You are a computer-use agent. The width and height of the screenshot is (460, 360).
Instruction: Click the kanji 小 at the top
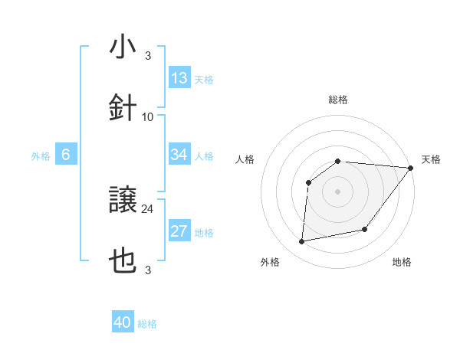tap(123, 47)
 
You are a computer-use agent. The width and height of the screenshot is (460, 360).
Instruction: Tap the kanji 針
tap(123, 107)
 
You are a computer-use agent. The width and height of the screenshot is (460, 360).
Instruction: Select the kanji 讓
tap(123, 201)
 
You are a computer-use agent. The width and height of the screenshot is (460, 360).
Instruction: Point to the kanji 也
tap(123, 262)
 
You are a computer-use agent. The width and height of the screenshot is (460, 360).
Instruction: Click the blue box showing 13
tap(179, 78)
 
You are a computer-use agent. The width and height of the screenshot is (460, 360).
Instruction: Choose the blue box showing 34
tap(179, 155)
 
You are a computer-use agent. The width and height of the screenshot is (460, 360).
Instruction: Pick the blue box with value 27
tap(179, 231)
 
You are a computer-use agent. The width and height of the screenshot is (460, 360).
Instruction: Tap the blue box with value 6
tap(66, 155)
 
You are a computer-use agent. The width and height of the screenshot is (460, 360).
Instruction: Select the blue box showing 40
tap(123, 322)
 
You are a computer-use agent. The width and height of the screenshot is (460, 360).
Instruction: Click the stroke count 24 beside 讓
tap(148, 208)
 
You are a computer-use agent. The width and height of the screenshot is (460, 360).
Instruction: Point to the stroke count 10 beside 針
tap(148, 116)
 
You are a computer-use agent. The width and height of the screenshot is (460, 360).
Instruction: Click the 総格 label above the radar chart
tap(338, 100)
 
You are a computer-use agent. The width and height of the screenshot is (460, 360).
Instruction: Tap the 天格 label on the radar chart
tap(432, 159)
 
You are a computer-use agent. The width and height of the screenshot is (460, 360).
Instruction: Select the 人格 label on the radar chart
tap(245, 159)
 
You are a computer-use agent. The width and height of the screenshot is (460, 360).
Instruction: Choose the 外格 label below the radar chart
tap(270, 262)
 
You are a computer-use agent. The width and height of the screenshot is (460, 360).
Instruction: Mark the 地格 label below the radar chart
tap(402, 262)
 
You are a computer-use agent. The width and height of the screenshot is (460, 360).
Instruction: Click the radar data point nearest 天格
tap(410, 168)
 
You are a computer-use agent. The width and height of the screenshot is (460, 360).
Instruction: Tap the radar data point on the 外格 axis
tap(302, 242)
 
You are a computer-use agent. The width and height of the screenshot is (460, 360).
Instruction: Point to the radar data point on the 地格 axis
tap(365, 229)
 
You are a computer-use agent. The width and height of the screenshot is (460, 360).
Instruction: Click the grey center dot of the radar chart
tap(338, 191)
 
